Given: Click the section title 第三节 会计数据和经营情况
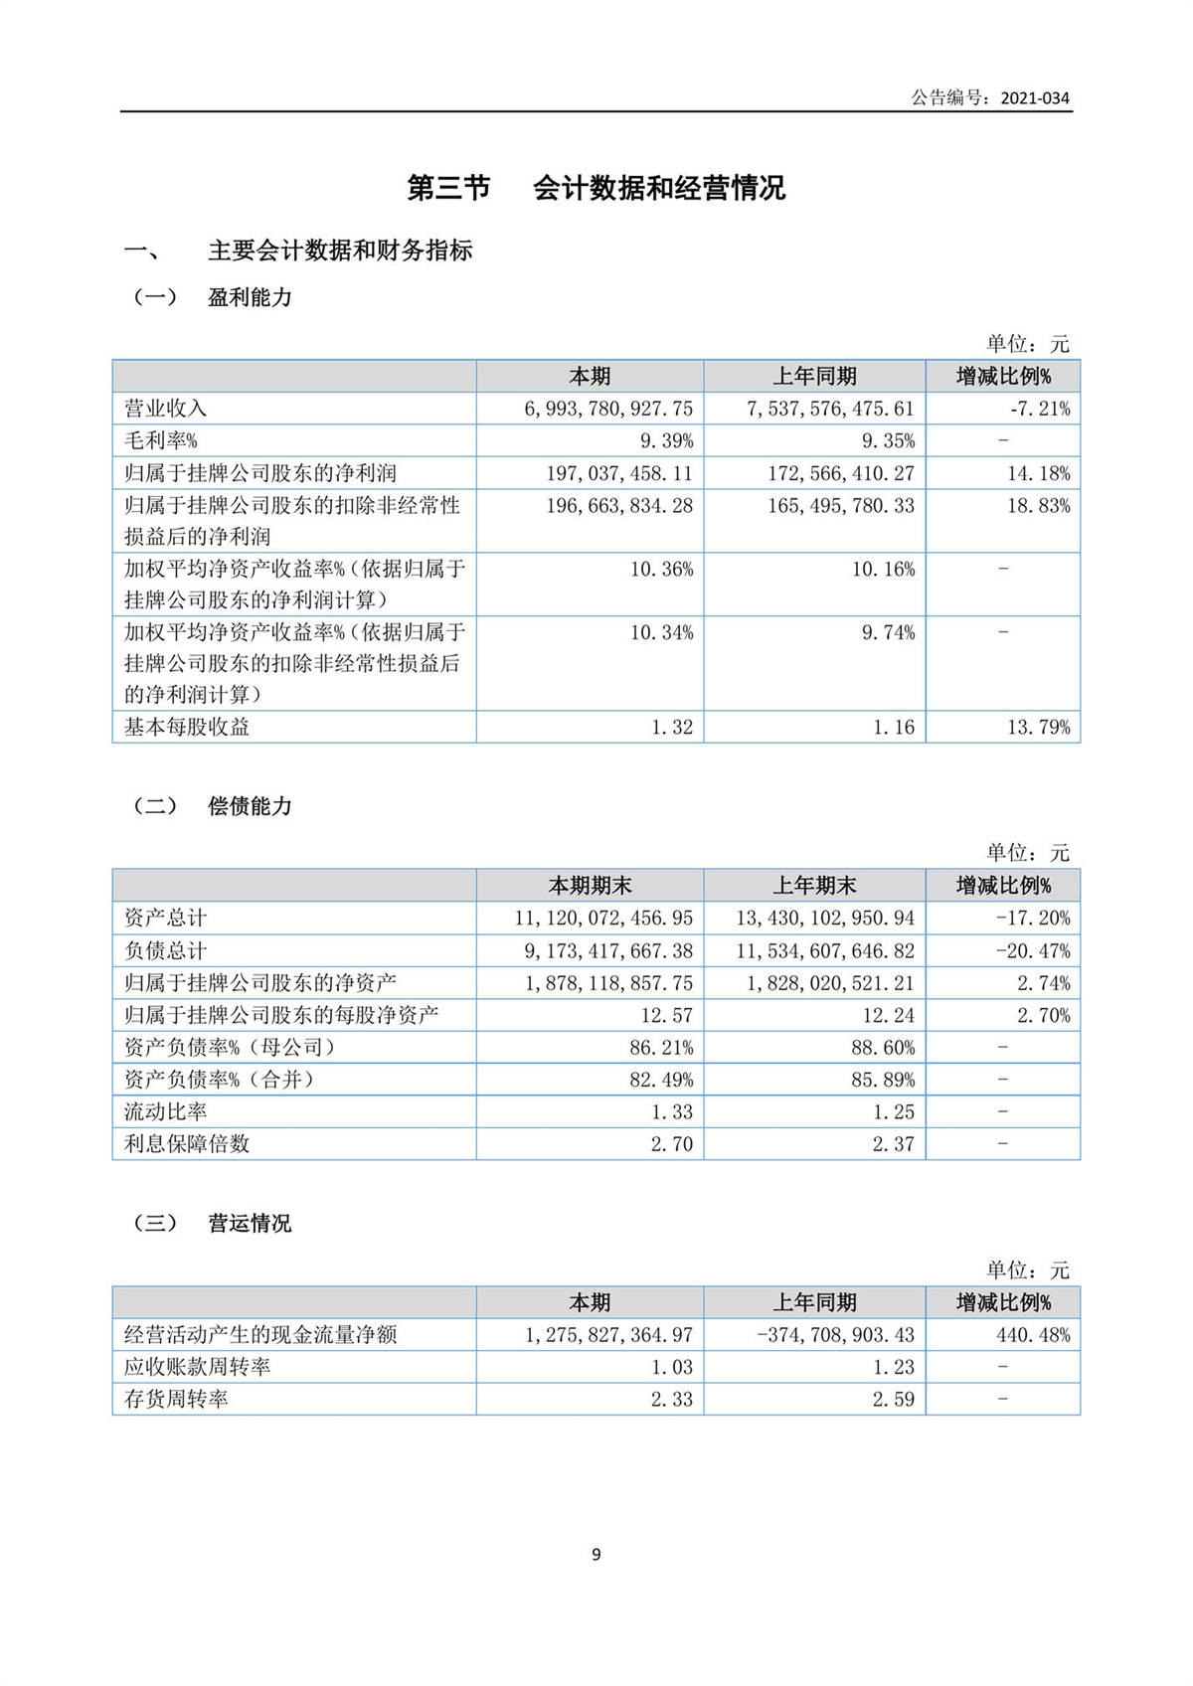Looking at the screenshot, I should (x=596, y=188).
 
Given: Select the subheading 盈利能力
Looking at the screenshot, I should (x=250, y=297).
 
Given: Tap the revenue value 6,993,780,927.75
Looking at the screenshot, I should (x=608, y=409).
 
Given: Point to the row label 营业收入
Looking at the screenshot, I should (x=165, y=409).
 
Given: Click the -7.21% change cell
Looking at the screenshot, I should (x=1039, y=409).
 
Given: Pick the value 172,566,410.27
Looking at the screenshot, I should (x=840, y=473).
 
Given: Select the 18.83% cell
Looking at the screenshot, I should (x=1039, y=505).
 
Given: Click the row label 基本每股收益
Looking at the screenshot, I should (x=187, y=727).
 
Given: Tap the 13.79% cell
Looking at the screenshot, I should (x=1039, y=727).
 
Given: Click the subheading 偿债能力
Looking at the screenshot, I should (x=250, y=806).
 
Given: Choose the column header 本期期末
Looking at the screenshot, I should (x=590, y=886).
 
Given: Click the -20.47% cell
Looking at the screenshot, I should (x=1034, y=950).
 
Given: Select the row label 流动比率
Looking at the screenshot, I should (x=165, y=1111).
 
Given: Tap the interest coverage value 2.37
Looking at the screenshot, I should (x=893, y=1144).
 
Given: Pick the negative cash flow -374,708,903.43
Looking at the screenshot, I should (x=835, y=1335).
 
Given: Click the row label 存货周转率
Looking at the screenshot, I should (x=176, y=1399).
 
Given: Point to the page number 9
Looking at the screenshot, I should (x=596, y=1555).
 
